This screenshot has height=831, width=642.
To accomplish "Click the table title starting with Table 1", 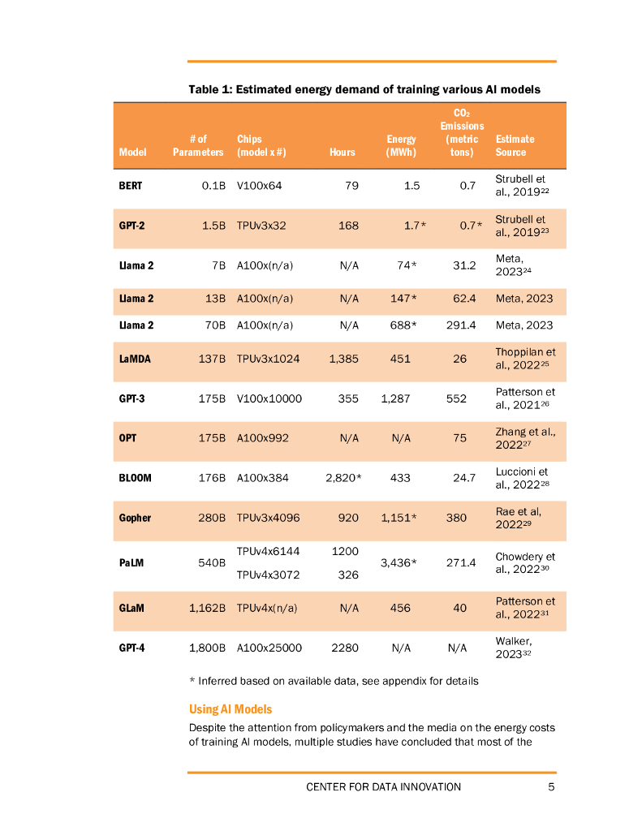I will (364, 89).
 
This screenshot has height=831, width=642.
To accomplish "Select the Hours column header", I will (343, 152).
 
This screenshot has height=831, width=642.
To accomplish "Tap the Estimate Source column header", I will (515, 145).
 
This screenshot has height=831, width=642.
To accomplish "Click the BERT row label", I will (130, 186).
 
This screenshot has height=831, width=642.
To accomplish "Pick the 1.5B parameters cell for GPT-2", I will (213, 226).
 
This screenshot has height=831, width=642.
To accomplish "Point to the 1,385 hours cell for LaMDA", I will (343, 359).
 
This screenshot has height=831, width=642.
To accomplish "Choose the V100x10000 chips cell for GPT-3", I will (269, 398).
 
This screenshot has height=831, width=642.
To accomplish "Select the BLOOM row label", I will (136, 478).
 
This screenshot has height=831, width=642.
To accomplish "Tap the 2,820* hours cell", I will (343, 478).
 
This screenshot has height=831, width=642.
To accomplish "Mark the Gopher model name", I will (135, 518).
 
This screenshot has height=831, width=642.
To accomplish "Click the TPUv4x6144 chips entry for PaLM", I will (268, 551).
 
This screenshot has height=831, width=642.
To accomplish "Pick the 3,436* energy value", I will (399, 562).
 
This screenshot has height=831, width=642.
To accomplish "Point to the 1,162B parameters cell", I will (207, 608).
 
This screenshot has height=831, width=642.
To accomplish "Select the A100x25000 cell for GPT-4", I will (269, 648).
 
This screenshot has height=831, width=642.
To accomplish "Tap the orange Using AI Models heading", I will (231, 709).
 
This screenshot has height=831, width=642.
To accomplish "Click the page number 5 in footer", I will (551, 786).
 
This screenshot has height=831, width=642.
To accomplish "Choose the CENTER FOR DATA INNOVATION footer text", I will (383, 786).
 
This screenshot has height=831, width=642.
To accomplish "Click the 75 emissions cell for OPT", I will (460, 438).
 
